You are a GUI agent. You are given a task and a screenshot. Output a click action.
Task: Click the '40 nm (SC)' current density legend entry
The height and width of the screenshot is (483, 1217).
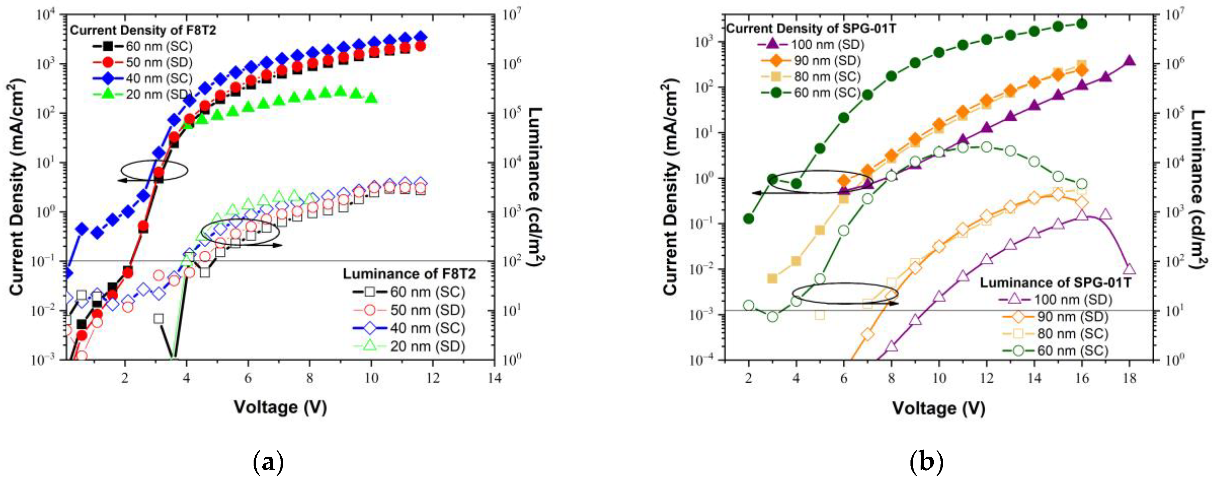(142, 78)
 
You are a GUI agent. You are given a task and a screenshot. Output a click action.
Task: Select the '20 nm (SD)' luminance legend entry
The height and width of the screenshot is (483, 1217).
(409, 346)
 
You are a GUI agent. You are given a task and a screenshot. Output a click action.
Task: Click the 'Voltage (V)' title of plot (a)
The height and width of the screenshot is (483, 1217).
(280, 406)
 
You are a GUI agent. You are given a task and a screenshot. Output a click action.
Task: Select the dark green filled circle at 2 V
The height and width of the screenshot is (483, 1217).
(748, 219)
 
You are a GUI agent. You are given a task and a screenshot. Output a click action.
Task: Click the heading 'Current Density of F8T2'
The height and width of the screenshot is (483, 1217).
(143, 30)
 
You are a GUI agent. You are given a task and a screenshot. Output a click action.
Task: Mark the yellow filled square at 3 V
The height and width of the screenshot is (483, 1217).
(772, 279)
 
